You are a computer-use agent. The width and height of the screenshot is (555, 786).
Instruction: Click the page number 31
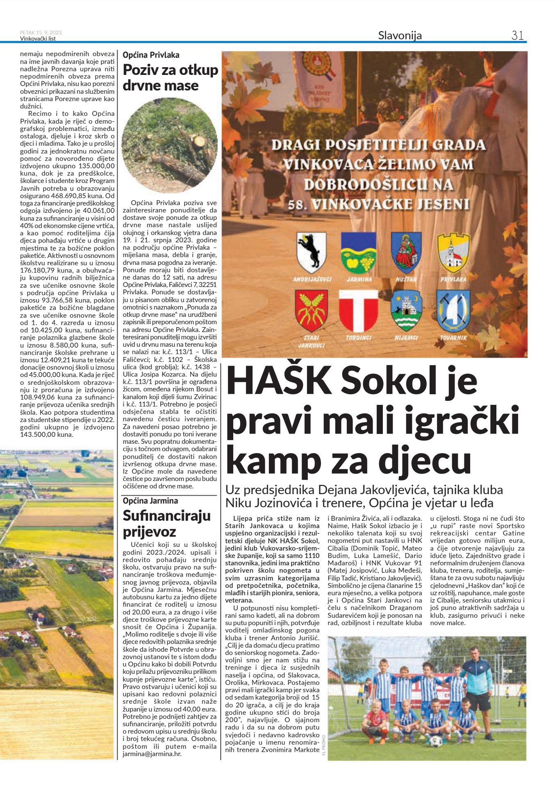tap(517, 36)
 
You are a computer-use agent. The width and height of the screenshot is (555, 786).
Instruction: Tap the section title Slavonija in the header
tap(400, 36)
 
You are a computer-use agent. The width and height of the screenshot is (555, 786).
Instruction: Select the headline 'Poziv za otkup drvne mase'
tap(170, 77)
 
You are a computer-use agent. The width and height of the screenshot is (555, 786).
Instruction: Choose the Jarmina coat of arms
tap(359, 253)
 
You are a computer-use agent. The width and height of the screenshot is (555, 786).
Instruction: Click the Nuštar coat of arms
tap(406, 253)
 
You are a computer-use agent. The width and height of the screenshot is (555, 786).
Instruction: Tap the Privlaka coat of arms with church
tap(453, 253)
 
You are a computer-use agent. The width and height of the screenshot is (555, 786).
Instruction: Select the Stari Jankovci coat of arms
tap(312, 311)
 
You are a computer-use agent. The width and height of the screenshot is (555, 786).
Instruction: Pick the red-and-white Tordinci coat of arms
tap(358, 311)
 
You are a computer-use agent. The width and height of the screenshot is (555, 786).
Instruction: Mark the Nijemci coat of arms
tap(406, 311)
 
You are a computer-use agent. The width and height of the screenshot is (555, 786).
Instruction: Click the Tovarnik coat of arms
tap(453, 311)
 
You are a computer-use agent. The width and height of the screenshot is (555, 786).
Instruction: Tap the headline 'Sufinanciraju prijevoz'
tap(166, 524)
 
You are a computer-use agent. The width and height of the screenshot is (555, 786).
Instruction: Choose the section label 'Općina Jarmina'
tap(150, 501)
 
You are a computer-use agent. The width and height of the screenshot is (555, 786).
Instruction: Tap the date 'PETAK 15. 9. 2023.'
tap(41, 33)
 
